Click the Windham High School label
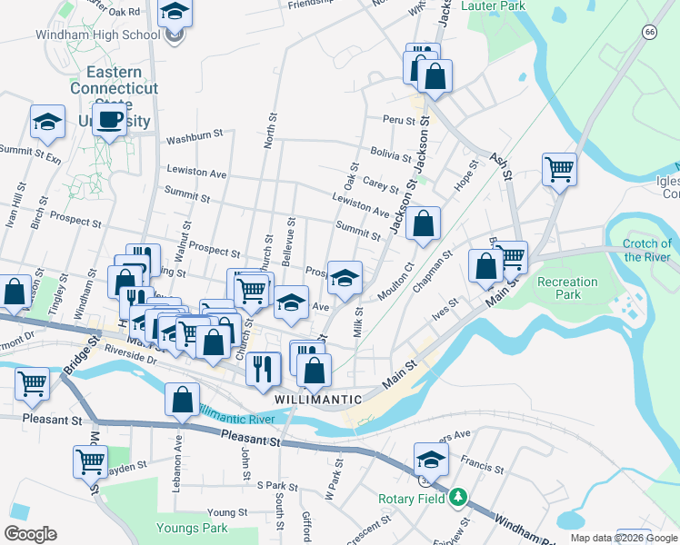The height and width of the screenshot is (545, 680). [97, 35]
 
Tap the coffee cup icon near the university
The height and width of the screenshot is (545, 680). [110, 119]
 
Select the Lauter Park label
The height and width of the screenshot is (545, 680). [493, 5]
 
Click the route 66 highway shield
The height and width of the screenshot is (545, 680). [648, 31]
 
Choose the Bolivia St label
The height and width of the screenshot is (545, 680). [390, 154]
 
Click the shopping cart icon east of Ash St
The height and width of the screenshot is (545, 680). [559, 168]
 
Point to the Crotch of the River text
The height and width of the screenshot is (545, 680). [647, 250]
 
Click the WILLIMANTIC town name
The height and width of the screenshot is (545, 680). [317, 400]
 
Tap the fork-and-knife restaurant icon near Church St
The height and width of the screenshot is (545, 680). [263, 366]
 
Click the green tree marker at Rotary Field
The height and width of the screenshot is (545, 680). [459, 498]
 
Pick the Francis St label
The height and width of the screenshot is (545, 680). [482, 462]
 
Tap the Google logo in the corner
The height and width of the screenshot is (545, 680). [30, 534]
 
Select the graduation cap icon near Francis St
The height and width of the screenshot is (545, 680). [431, 459]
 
